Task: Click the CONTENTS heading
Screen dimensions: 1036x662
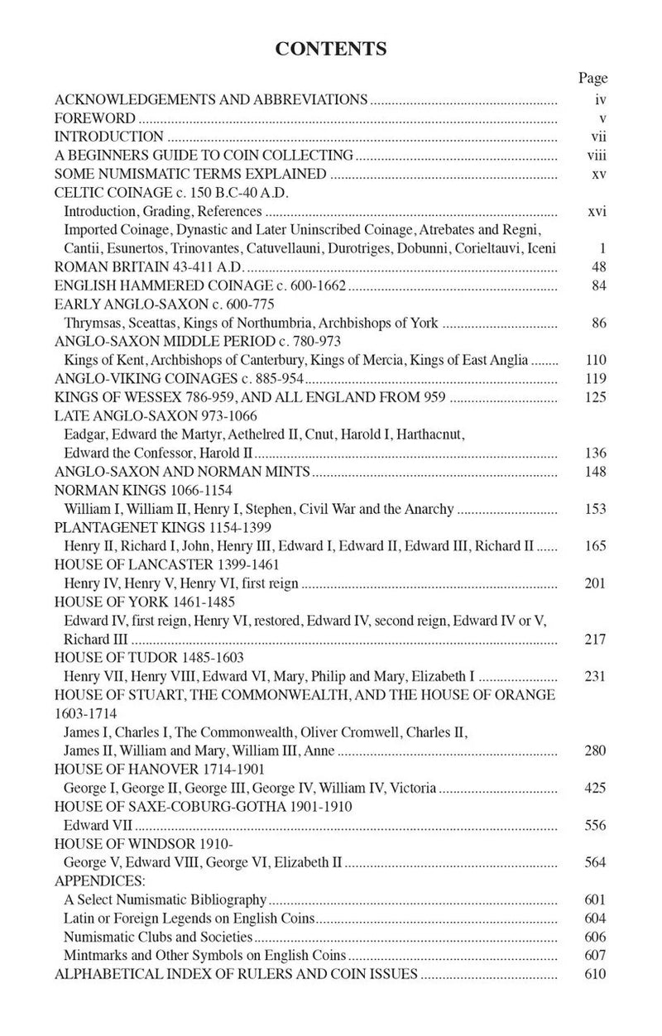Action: click(331, 49)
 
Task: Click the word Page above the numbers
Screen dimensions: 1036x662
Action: click(592, 79)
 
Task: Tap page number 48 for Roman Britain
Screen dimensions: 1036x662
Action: click(599, 267)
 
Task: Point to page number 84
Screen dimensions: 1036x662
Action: click(599, 286)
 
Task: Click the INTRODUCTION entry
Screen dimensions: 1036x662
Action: click(108, 137)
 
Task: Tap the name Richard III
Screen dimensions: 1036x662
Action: click(86, 639)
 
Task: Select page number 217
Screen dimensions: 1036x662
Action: click(595, 639)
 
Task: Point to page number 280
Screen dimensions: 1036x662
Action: click(595, 751)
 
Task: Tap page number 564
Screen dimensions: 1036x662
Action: click(595, 862)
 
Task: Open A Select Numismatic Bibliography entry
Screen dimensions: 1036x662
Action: click(165, 899)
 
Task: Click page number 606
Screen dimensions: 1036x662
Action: click(595, 937)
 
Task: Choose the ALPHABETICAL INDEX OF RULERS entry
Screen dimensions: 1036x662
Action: click(236, 974)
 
